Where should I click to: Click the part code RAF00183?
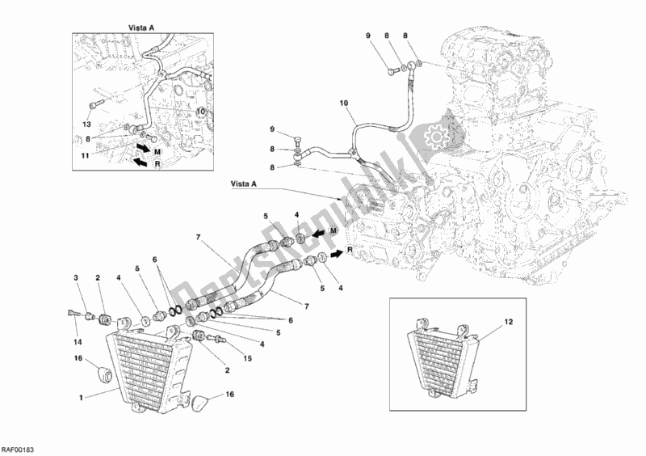click(x=17, y=450)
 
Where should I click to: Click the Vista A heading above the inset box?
click(x=141, y=28)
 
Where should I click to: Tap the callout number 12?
click(x=509, y=322)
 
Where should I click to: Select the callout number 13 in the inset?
click(x=86, y=125)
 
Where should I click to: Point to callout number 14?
click(x=78, y=342)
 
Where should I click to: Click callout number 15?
click(x=247, y=359)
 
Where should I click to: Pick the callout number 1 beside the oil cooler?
click(x=82, y=398)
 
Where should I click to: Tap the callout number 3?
click(x=76, y=278)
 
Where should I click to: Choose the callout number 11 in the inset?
click(x=85, y=155)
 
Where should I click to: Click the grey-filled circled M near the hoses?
click(x=333, y=230)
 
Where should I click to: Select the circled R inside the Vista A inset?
click(x=157, y=164)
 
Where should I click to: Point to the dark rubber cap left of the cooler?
click(x=104, y=374)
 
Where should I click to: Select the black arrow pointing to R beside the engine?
click(x=335, y=253)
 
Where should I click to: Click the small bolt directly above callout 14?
click(x=72, y=313)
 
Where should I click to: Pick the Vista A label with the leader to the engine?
click(x=244, y=184)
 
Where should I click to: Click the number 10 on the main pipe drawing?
click(x=345, y=103)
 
